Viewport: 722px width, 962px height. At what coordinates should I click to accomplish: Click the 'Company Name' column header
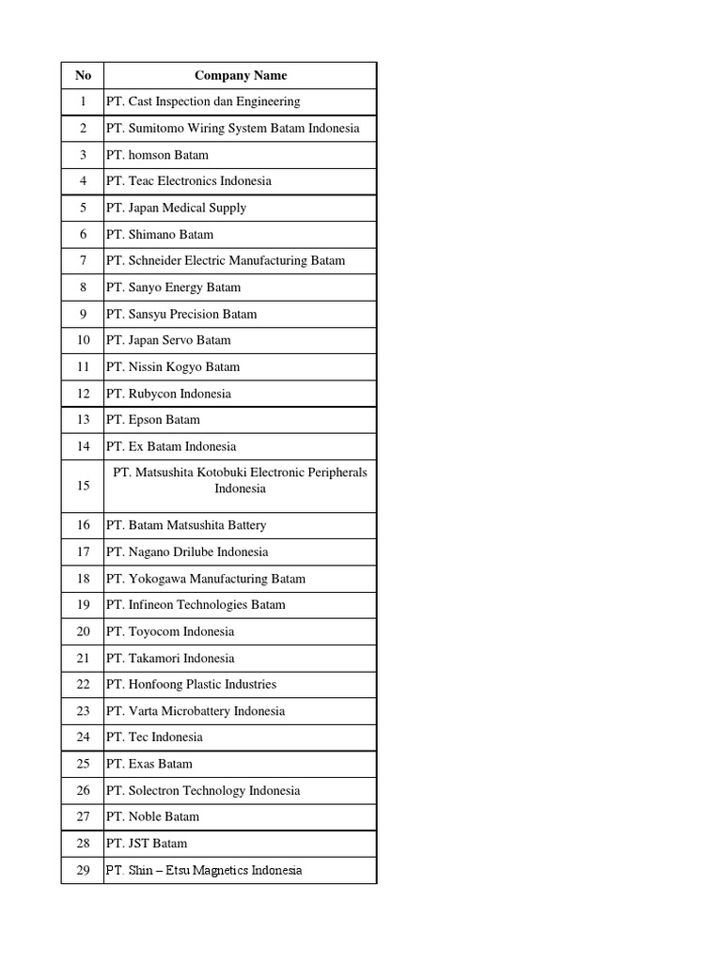click(240, 75)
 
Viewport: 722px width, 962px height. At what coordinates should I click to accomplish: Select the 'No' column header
click(83, 75)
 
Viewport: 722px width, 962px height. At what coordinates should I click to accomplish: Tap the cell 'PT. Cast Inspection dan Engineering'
click(203, 101)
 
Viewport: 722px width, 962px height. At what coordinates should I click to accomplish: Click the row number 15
click(83, 486)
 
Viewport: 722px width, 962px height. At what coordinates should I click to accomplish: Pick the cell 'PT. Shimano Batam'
click(160, 234)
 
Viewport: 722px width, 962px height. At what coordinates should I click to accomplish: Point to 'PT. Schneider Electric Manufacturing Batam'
click(226, 260)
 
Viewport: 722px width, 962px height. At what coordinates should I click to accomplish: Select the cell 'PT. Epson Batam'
click(153, 420)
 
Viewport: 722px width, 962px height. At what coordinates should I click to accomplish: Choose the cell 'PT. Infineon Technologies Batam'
click(196, 605)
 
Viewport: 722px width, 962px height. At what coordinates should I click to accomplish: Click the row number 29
click(83, 870)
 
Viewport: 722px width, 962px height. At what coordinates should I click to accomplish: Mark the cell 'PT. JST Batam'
click(147, 844)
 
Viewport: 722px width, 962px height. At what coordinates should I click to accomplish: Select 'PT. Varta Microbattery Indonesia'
click(196, 711)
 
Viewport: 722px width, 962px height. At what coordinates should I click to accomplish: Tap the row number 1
click(83, 101)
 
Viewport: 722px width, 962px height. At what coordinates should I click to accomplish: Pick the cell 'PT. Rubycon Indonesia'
click(168, 394)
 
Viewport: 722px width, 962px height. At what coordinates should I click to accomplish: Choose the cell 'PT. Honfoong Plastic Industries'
click(191, 684)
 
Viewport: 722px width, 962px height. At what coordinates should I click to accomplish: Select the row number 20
click(83, 631)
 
